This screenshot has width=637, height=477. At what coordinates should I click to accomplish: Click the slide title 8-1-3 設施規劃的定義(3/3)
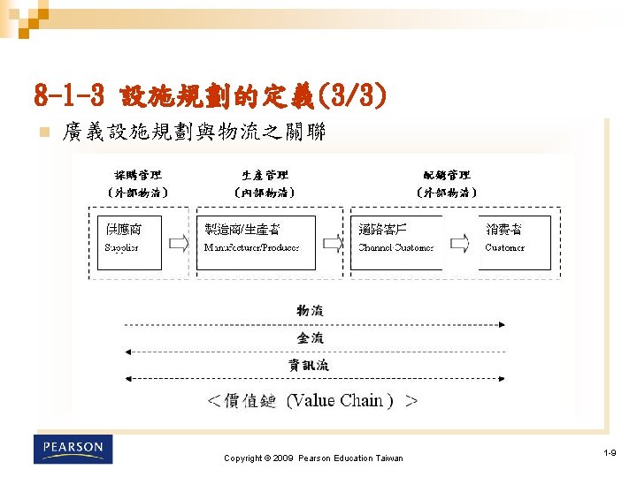pyautogui.click(x=210, y=94)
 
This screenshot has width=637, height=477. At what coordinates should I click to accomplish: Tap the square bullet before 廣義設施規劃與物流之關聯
pyautogui.click(x=41, y=132)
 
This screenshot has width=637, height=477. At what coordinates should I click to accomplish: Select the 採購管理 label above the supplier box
pyautogui.click(x=138, y=175)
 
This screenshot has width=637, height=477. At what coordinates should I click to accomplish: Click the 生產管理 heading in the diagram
pyautogui.click(x=265, y=175)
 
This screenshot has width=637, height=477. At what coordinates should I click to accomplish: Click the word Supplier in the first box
pyautogui.click(x=122, y=247)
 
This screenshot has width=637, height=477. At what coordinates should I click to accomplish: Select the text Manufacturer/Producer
pyautogui.click(x=251, y=247)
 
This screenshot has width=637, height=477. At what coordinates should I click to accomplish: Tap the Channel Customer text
pyautogui.click(x=395, y=247)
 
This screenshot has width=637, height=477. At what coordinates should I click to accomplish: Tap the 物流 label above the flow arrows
pyautogui.click(x=310, y=310)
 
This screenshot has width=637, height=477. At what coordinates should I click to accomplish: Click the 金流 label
pyautogui.click(x=310, y=337)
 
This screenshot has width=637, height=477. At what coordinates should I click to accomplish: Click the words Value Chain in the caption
pyautogui.click(x=336, y=400)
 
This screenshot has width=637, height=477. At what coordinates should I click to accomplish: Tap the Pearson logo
pyautogui.click(x=73, y=449)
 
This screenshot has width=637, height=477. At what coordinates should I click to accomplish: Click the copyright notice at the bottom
pyautogui.click(x=313, y=458)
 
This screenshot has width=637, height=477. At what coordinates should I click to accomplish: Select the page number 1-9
pyautogui.click(x=610, y=452)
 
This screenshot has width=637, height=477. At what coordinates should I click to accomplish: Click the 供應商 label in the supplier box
pyautogui.click(x=123, y=229)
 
